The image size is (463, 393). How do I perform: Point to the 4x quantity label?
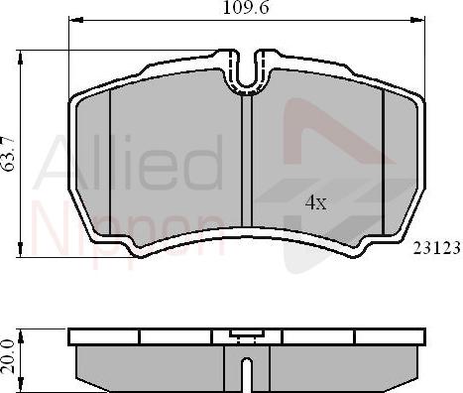[315, 202]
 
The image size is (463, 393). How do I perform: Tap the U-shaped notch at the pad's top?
[251, 70]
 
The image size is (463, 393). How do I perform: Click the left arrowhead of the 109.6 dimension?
[72, 21]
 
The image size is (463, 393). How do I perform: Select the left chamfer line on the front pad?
[110, 159]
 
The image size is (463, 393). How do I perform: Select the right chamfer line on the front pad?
[384, 159]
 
